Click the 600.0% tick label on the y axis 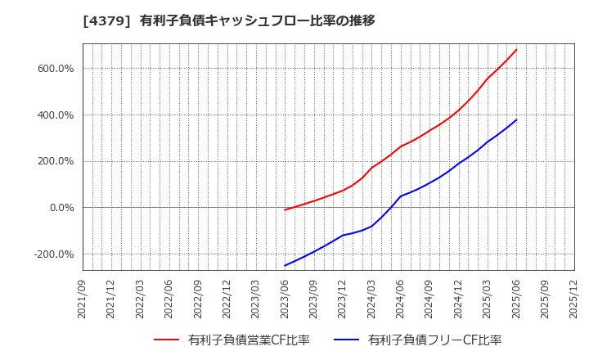[x=55, y=69]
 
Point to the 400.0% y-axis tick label [x=55, y=115]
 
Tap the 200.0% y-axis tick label [x=55, y=161]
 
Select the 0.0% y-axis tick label [x=60, y=208]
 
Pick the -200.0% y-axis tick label [x=53, y=254]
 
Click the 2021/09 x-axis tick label [x=83, y=299]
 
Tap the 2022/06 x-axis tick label [x=169, y=299]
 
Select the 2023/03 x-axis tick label [x=256, y=299]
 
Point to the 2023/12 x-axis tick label [x=343, y=299]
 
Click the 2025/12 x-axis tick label [x=573, y=299]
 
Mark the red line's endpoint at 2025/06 [x=516, y=49]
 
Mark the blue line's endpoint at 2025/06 [x=516, y=119]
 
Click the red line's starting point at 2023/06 [x=285, y=210]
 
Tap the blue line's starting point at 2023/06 [x=285, y=265]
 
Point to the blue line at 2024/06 [x=401, y=196]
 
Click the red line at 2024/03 [x=371, y=168]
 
